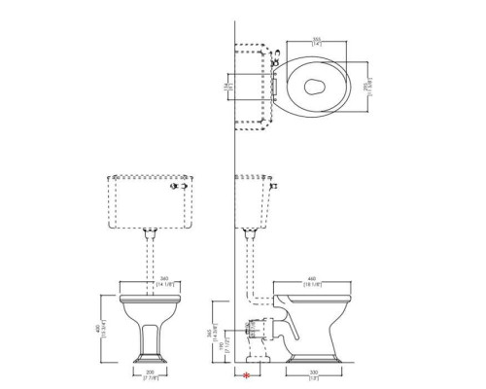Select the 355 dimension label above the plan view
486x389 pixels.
coord(318,40)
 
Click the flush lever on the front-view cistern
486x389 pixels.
coord(179,184)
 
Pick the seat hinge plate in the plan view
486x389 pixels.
coord(279,86)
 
